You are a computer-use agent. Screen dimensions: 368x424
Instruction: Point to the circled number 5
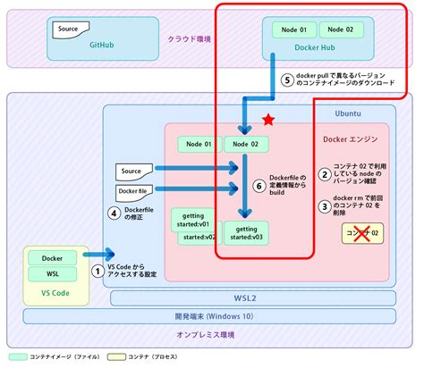click(287, 79)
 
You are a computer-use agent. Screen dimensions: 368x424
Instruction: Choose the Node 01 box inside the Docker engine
click(199, 144)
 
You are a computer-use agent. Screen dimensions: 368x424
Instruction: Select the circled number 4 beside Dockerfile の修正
click(114, 213)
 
